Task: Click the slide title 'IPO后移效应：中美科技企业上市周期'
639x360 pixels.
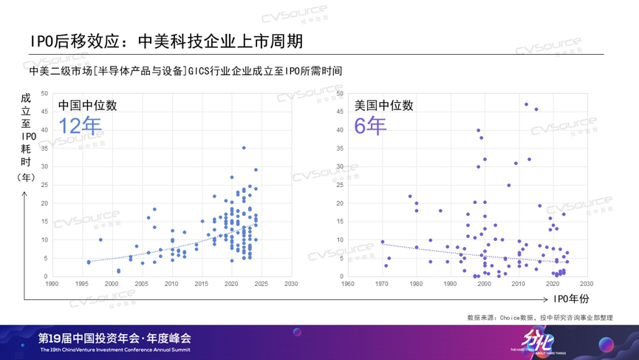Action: [x=166, y=40]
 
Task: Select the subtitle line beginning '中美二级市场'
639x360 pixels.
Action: [x=185, y=71]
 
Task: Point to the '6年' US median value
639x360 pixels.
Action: [x=370, y=126]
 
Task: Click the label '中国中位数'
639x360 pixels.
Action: [x=87, y=105]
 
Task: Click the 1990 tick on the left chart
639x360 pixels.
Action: [x=52, y=283]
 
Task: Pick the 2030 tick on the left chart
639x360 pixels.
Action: [x=291, y=283]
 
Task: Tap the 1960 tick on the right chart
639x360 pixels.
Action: [x=348, y=283]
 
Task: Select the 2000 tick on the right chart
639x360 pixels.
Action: [x=485, y=283]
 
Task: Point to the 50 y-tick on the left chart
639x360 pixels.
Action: [x=44, y=93]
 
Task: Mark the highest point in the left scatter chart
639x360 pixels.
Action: [x=244, y=148]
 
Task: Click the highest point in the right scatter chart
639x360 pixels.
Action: [x=526, y=104]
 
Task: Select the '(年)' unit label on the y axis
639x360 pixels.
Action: [x=26, y=177]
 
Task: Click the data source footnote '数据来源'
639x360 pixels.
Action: [x=539, y=318]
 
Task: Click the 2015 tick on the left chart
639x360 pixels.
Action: [x=202, y=283]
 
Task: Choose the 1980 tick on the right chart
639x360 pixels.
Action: [x=416, y=283]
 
